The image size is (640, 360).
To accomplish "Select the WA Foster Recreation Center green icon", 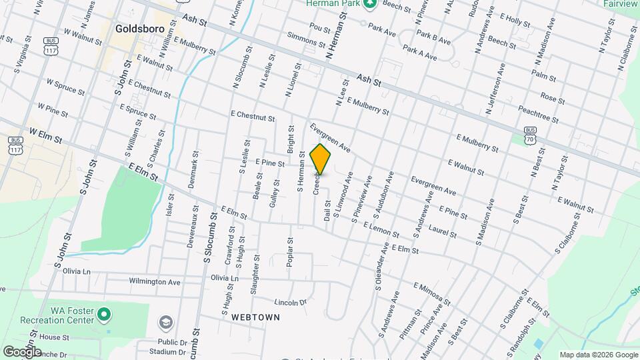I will point(103,313).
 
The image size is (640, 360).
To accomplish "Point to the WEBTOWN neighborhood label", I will point(255,318).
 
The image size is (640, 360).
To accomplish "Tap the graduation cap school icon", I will point(165,323).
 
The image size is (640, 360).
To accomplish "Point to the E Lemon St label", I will point(382,232).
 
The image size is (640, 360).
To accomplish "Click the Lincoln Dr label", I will point(290,302).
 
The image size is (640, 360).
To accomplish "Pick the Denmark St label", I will point(193,169).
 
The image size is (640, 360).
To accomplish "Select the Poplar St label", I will point(290,253).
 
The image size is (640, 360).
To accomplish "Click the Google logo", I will point(22,351).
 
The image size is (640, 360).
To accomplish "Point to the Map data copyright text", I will point(597,355).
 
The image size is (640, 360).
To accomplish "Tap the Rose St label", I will point(553,98).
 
